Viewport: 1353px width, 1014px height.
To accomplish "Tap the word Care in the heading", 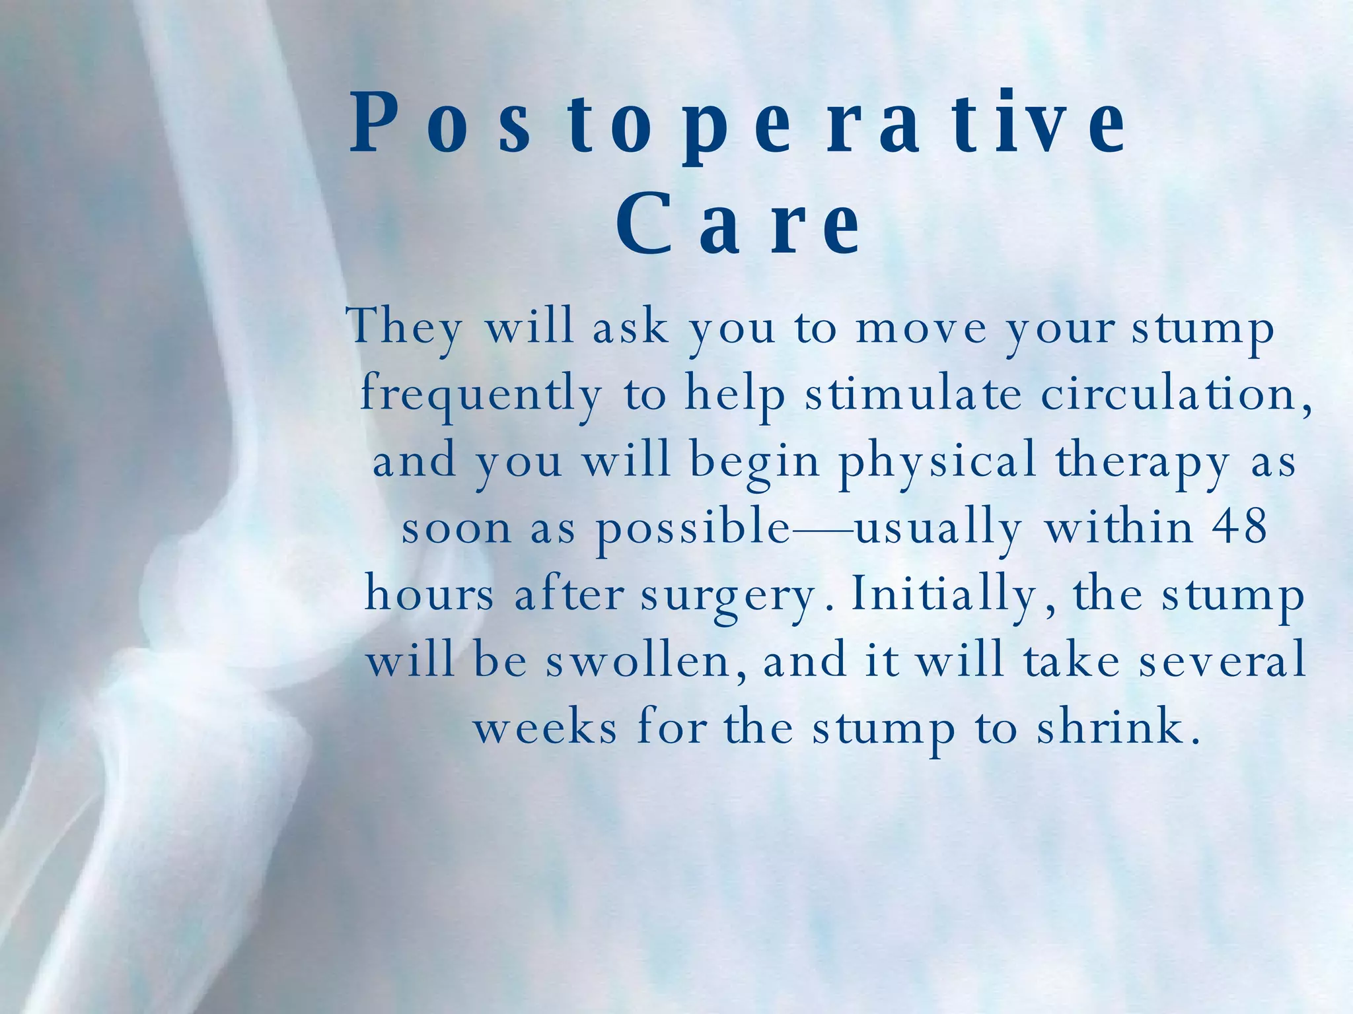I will [739, 224].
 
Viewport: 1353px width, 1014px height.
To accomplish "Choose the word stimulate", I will [913, 393].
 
